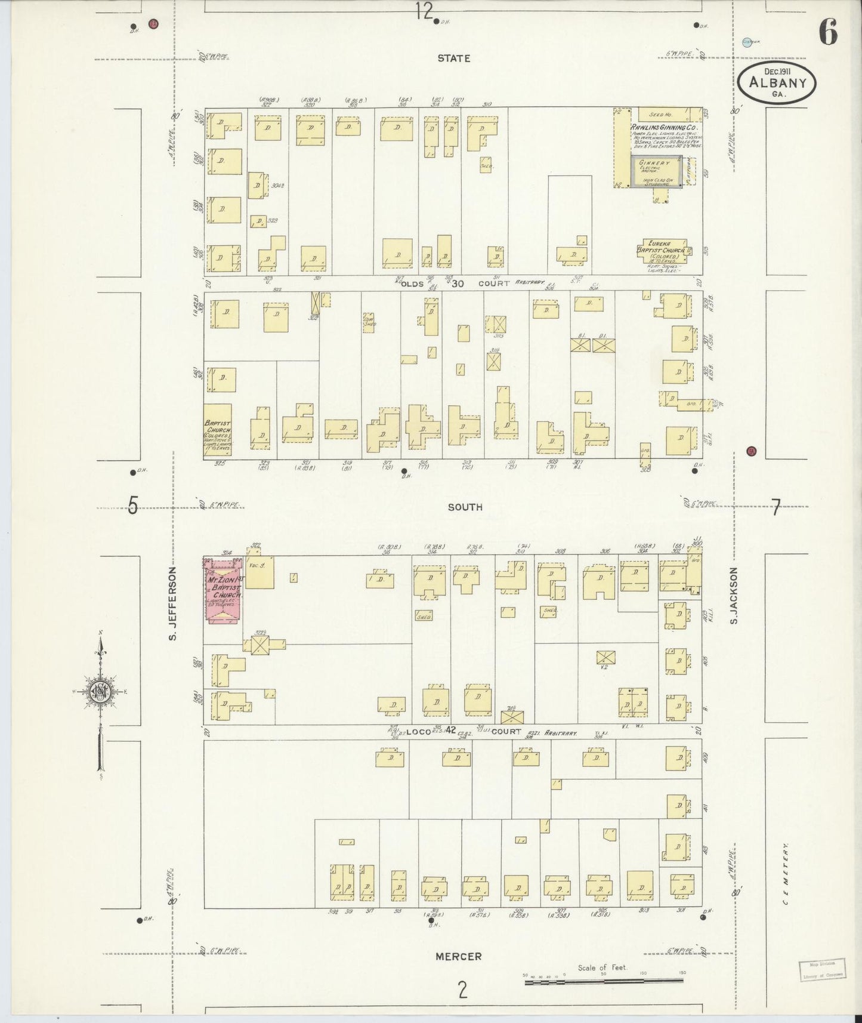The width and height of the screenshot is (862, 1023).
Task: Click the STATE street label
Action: pyautogui.click(x=453, y=58)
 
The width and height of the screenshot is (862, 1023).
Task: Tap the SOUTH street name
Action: pyautogui.click(x=465, y=507)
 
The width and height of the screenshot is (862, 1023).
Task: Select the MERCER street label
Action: pyautogui.click(x=458, y=956)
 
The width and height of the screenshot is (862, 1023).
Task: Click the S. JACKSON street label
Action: pyautogui.click(x=734, y=596)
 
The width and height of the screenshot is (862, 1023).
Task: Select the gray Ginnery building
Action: pyautogui.click(x=654, y=173)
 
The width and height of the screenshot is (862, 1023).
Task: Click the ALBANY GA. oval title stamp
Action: pyautogui.click(x=777, y=84)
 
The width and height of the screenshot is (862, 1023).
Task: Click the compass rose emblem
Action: pyautogui.click(x=100, y=691)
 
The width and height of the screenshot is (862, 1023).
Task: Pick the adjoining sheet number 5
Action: pyautogui.click(x=132, y=506)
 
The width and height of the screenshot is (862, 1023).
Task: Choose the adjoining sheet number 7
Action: pyautogui.click(x=776, y=508)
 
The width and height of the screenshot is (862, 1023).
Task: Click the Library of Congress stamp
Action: pyautogui.click(x=821, y=970)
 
